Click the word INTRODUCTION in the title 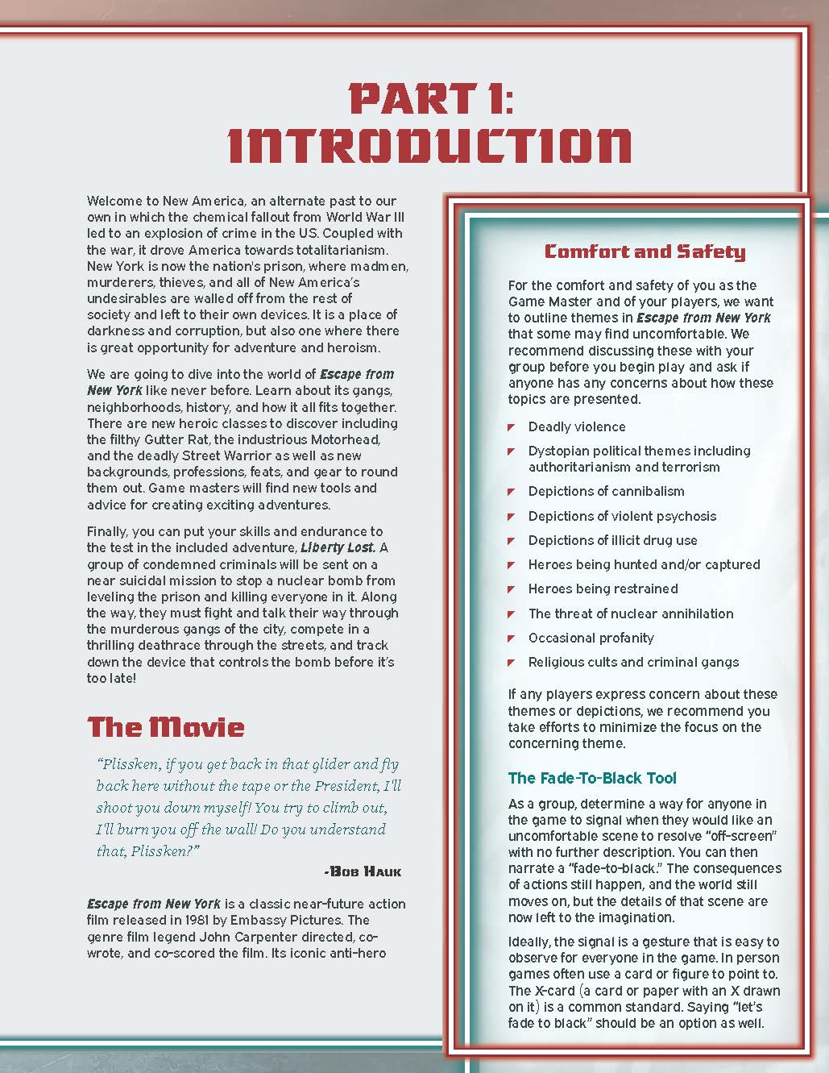pos(430,146)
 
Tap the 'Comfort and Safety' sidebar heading pos(645,252)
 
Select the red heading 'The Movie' pos(166,727)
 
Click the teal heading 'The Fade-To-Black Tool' pos(592,778)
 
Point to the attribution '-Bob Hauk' pos(362,871)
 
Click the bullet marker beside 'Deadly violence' pos(511,427)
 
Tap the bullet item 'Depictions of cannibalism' pos(606,491)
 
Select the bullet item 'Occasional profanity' pos(591,638)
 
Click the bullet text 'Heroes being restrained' pos(603,588)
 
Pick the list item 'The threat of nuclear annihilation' pos(631,613)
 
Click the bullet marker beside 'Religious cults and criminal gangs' pos(511,663)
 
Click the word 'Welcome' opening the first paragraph pos(114,201)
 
